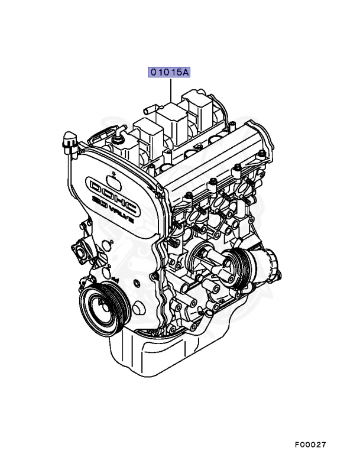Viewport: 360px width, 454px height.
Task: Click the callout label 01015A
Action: (x=169, y=72)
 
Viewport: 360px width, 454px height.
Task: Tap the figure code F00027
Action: (x=310, y=444)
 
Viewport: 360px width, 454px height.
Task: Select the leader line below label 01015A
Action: (x=171, y=90)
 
